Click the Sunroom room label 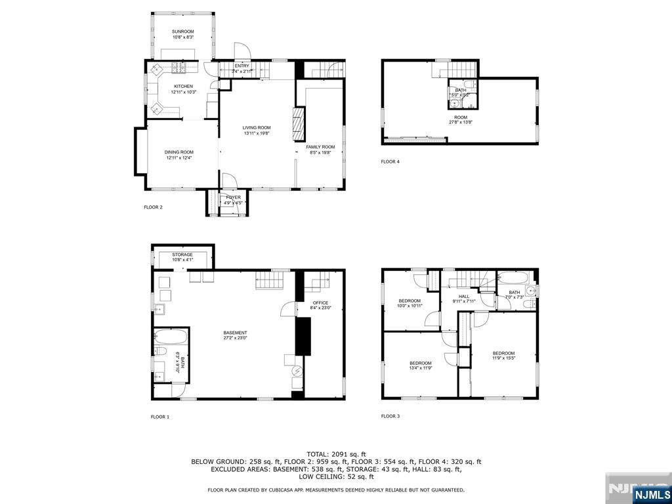pyautogui.click(x=183, y=31)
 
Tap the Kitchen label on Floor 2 pyautogui.click(x=183, y=86)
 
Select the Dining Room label pyautogui.click(x=178, y=152)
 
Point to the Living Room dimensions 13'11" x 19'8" pyautogui.click(x=257, y=134)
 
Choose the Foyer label pyautogui.click(x=234, y=197)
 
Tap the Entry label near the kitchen pyautogui.click(x=241, y=66)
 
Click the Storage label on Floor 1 pyautogui.click(x=182, y=254)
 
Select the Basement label pyautogui.click(x=235, y=333)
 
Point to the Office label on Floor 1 pyautogui.click(x=320, y=303)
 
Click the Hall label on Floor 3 pyautogui.click(x=464, y=297)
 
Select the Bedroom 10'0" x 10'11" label pyautogui.click(x=409, y=301)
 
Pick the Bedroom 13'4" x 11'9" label pyautogui.click(x=421, y=363)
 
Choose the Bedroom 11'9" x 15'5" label pyautogui.click(x=503, y=353)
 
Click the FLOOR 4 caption pyautogui.click(x=390, y=161)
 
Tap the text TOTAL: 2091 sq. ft pyautogui.click(x=336, y=453)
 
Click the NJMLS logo pyautogui.click(x=651, y=494)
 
